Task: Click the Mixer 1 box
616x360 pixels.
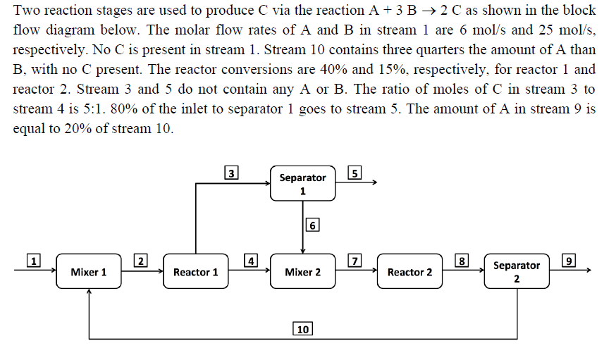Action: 89,272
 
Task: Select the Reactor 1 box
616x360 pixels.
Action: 196,272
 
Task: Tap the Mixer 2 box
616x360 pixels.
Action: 303,272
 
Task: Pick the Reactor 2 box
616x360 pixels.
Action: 409,272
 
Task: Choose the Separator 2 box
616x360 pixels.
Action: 517,271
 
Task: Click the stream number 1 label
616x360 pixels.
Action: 32,261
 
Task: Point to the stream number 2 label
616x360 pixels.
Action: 141,261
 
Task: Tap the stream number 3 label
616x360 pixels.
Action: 230,172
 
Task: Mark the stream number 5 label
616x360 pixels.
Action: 355,173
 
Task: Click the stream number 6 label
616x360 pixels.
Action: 314,225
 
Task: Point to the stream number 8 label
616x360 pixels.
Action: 462,261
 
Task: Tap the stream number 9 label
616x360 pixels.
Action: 570,261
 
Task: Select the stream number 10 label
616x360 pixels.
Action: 302,329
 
